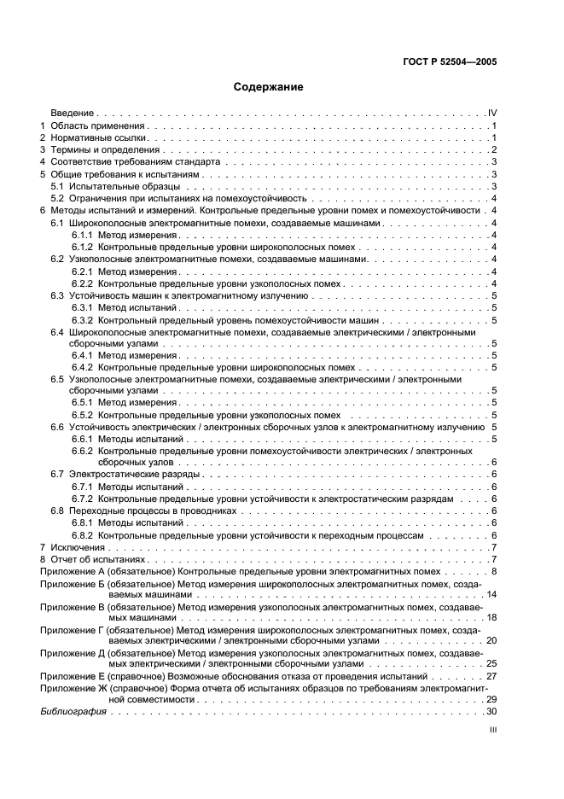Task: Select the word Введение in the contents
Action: tap(72, 113)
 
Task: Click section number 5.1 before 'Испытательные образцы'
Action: tap(57, 186)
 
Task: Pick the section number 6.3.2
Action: tap(82, 319)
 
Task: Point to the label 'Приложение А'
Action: tap(73, 571)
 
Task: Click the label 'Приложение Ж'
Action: tap(73, 687)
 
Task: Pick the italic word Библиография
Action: tap(73, 711)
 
